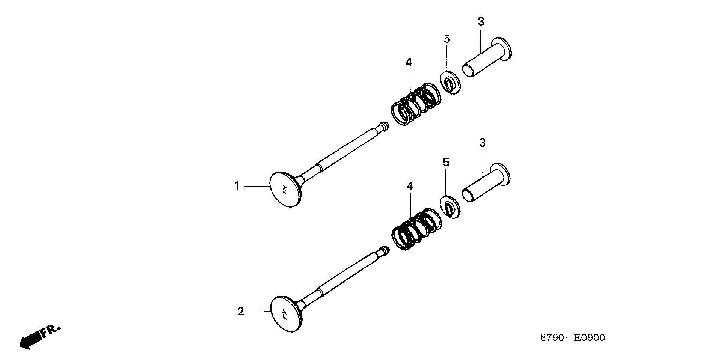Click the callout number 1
click(x=237, y=186)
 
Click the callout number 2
click(x=241, y=312)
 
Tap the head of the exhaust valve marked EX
click(x=286, y=314)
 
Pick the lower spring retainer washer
click(x=451, y=207)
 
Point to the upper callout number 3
click(x=481, y=22)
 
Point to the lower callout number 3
click(x=483, y=143)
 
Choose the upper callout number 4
click(x=409, y=63)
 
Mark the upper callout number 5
click(x=446, y=39)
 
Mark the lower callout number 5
click(x=446, y=163)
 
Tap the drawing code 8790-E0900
click(x=573, y=338)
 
